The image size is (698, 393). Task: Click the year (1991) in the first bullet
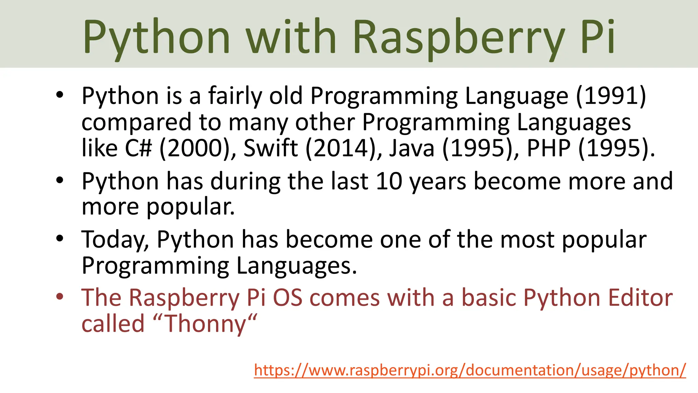pyautogui.click(x=611, y=96)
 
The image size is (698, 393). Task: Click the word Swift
pyautogui.click(x=271, y=148)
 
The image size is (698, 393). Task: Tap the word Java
pyautogui.click(x=412, y=148)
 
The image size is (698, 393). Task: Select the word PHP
pyautogui.click(x=549, y=148)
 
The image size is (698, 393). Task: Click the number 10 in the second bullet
pyautogui.click(x=389, y=181)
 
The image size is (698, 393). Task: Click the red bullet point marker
pyautogui.click(x=60, y=296)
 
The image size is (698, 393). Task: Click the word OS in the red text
pyautogui.click(x=288, y=297)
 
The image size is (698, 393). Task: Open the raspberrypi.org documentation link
pyautogui.click(x=470, y=370)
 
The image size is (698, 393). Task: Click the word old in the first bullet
pyautogui.click(x=286, y=96)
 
